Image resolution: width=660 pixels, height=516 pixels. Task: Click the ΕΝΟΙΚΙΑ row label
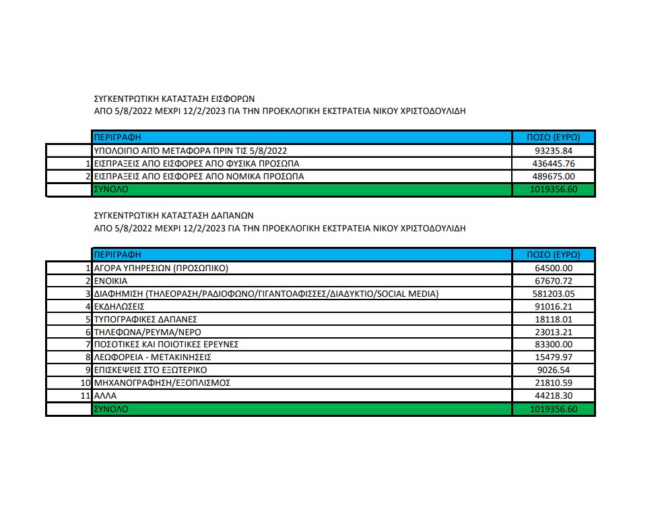point(111,281)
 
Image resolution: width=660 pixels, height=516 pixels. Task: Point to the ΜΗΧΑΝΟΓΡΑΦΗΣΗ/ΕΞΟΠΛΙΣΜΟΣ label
point(162,383)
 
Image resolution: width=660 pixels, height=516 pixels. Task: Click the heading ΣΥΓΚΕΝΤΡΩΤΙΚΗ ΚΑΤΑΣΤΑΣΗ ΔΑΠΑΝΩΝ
point(173,215)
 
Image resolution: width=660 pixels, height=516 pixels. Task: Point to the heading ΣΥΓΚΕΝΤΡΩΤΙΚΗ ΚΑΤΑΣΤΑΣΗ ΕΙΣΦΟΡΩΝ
point(173,98)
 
